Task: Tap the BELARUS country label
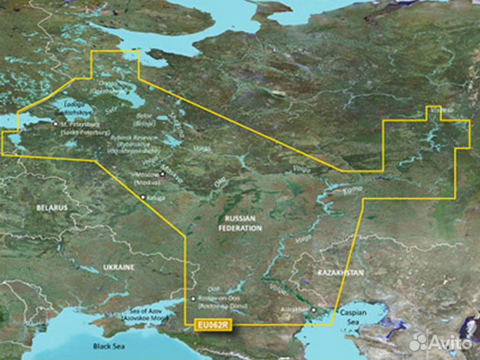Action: coord(51,208)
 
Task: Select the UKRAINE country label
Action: coord(119,267)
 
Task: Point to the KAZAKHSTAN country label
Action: coord(340,273)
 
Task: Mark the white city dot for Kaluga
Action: coord(143,197)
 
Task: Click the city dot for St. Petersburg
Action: coord(56,124)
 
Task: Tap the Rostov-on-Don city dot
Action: coord(193,298)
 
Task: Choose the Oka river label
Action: coord(218,181)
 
